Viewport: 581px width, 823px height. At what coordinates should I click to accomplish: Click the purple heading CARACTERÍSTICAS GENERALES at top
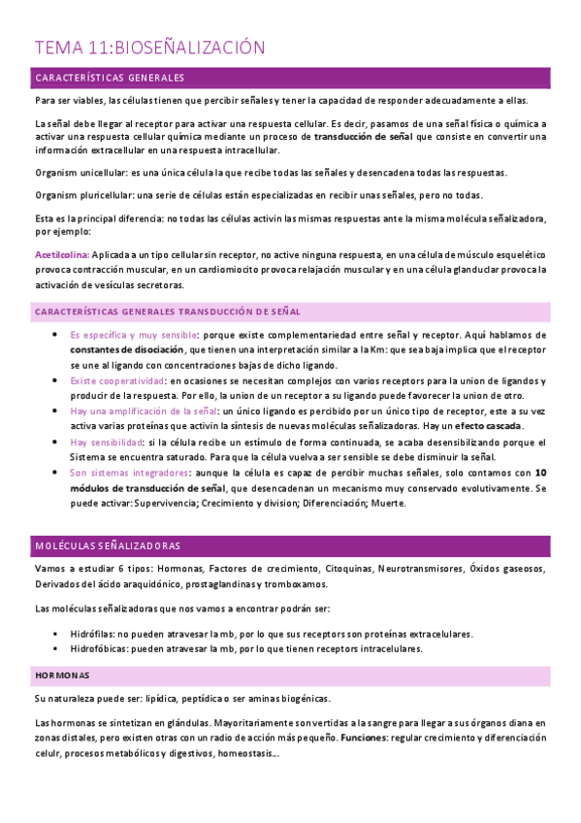[x=109, y=77]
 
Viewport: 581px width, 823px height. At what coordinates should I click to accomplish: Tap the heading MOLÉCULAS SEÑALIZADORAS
[x=106, y=546]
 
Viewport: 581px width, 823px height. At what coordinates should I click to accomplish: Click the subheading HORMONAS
[x=62, y=674]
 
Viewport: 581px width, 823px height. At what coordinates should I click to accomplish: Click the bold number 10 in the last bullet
[x=541, y=473]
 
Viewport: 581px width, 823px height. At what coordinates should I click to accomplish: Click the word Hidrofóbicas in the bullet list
[x=103, y=648]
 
